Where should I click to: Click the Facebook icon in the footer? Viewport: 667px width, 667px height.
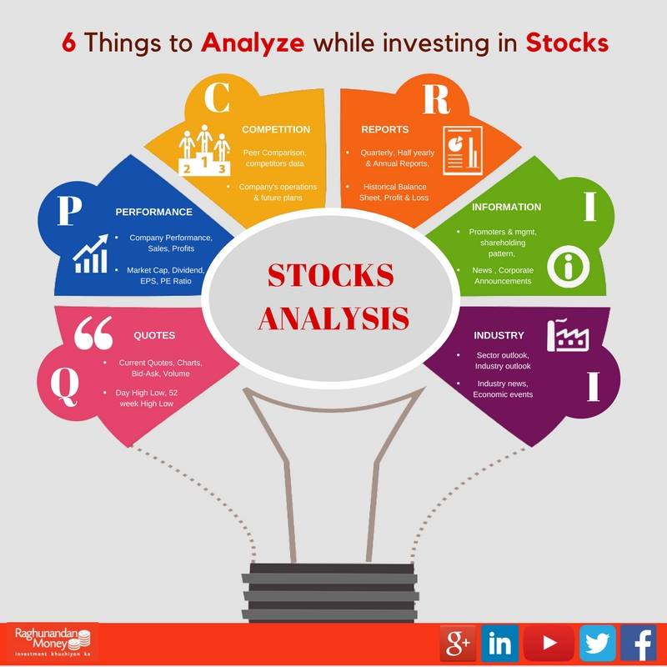[x=638, y=644]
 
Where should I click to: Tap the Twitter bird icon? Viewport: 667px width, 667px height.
[x=597, y=644]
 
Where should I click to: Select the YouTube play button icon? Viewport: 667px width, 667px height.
[x=549, y=643]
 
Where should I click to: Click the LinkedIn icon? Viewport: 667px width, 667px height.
[x=499, y=644]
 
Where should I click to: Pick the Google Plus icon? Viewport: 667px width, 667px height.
[x=458, y=644]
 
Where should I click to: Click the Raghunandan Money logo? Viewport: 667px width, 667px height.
[x=53, y=642]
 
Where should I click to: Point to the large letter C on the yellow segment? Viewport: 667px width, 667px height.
[x=217, y=97]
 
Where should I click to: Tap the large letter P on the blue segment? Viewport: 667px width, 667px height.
[x=69, y=210]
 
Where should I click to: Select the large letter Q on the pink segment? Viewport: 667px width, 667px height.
[x=65, y=386]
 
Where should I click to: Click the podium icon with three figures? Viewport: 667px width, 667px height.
[x=204, y=150]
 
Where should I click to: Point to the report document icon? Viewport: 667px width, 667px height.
[x=463, y=150]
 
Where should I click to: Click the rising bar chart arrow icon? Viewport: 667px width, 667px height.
[x=90, y=253]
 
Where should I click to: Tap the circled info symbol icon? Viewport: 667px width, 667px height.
[x=568, y=266]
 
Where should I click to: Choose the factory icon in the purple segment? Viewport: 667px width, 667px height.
[x=568, y=335]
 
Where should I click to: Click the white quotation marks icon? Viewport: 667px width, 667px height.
[x=93, y=332]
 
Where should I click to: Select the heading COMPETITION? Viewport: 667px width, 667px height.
[x=276, y=129]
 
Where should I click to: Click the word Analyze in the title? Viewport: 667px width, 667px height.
[x=253, y=43]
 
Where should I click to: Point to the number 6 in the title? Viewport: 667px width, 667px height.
[x=68, y=43]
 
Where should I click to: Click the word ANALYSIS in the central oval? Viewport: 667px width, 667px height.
[x=333, y=318]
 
